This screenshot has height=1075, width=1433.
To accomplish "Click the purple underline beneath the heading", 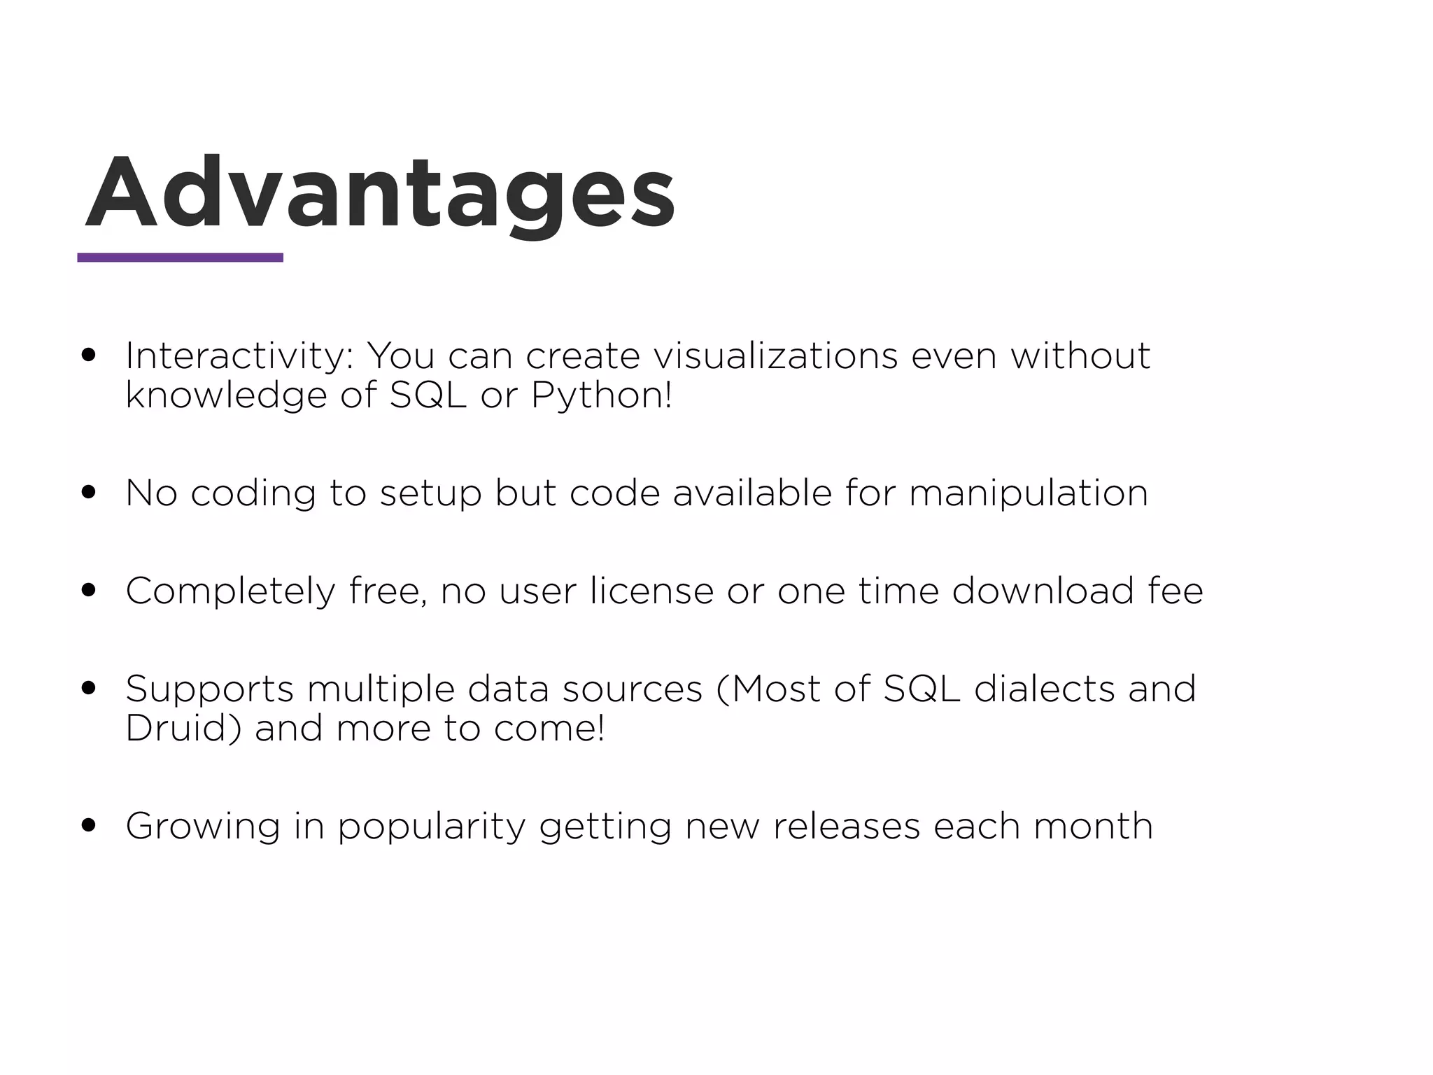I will point(180,258).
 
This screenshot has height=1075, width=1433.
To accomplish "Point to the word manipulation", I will point(1029,493).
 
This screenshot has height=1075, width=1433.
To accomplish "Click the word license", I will point(651,591).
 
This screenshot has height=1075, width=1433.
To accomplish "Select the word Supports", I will point(209,689).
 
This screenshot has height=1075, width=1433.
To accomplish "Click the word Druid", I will point(183,729).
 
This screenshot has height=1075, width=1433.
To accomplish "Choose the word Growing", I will point(203,827).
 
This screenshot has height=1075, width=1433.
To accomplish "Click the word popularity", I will point(431,827).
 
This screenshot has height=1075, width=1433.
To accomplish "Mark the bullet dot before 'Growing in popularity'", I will point(88,825).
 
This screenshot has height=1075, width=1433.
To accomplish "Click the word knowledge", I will point(227,395).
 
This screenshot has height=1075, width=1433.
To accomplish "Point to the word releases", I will point(846,826).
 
